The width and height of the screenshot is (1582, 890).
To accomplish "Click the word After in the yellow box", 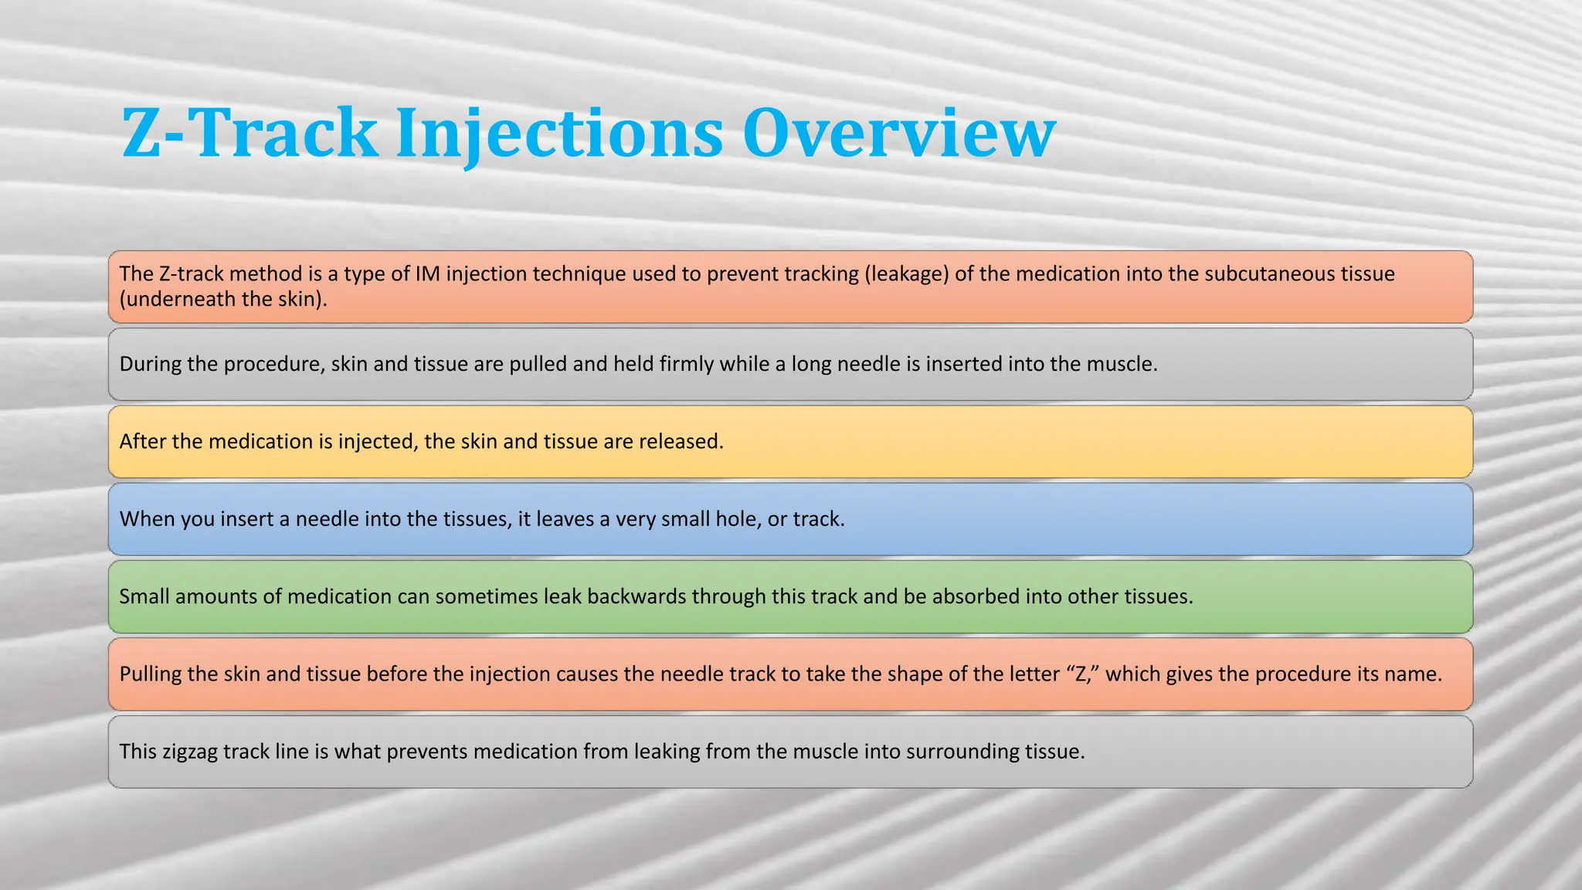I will click(142, 441).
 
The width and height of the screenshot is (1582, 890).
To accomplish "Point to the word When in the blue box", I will click(148, 519).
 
